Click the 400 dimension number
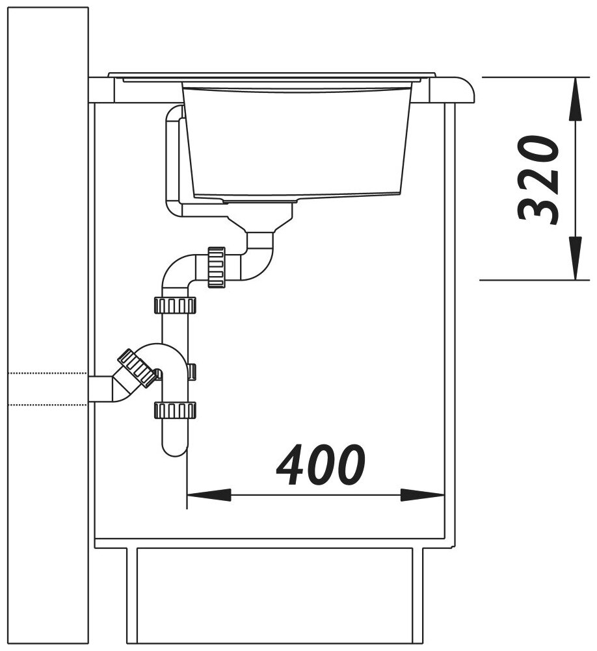(x=321, y=465)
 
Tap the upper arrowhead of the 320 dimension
(x=575, y=99)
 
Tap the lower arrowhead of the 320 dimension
(x=575, y=257)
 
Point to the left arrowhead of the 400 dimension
(x=209, y=494)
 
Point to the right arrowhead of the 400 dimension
(x=422, y=494)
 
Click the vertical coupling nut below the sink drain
(x=216, y=267)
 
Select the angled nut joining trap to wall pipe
(x=138, y=368)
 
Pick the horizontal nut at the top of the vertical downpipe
(x=175, y=305)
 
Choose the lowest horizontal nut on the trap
(x=175, y=410)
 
